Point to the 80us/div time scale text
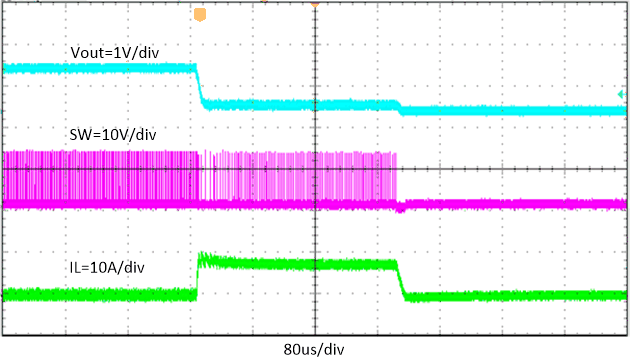[x=316, y=349]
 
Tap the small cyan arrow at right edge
[x=621, y=94]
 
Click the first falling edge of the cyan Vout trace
[x=199, y=86]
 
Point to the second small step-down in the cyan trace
[x=399, y=108]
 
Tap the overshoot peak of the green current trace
[x=203, y=257]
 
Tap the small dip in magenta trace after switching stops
[x=401, y=209]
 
